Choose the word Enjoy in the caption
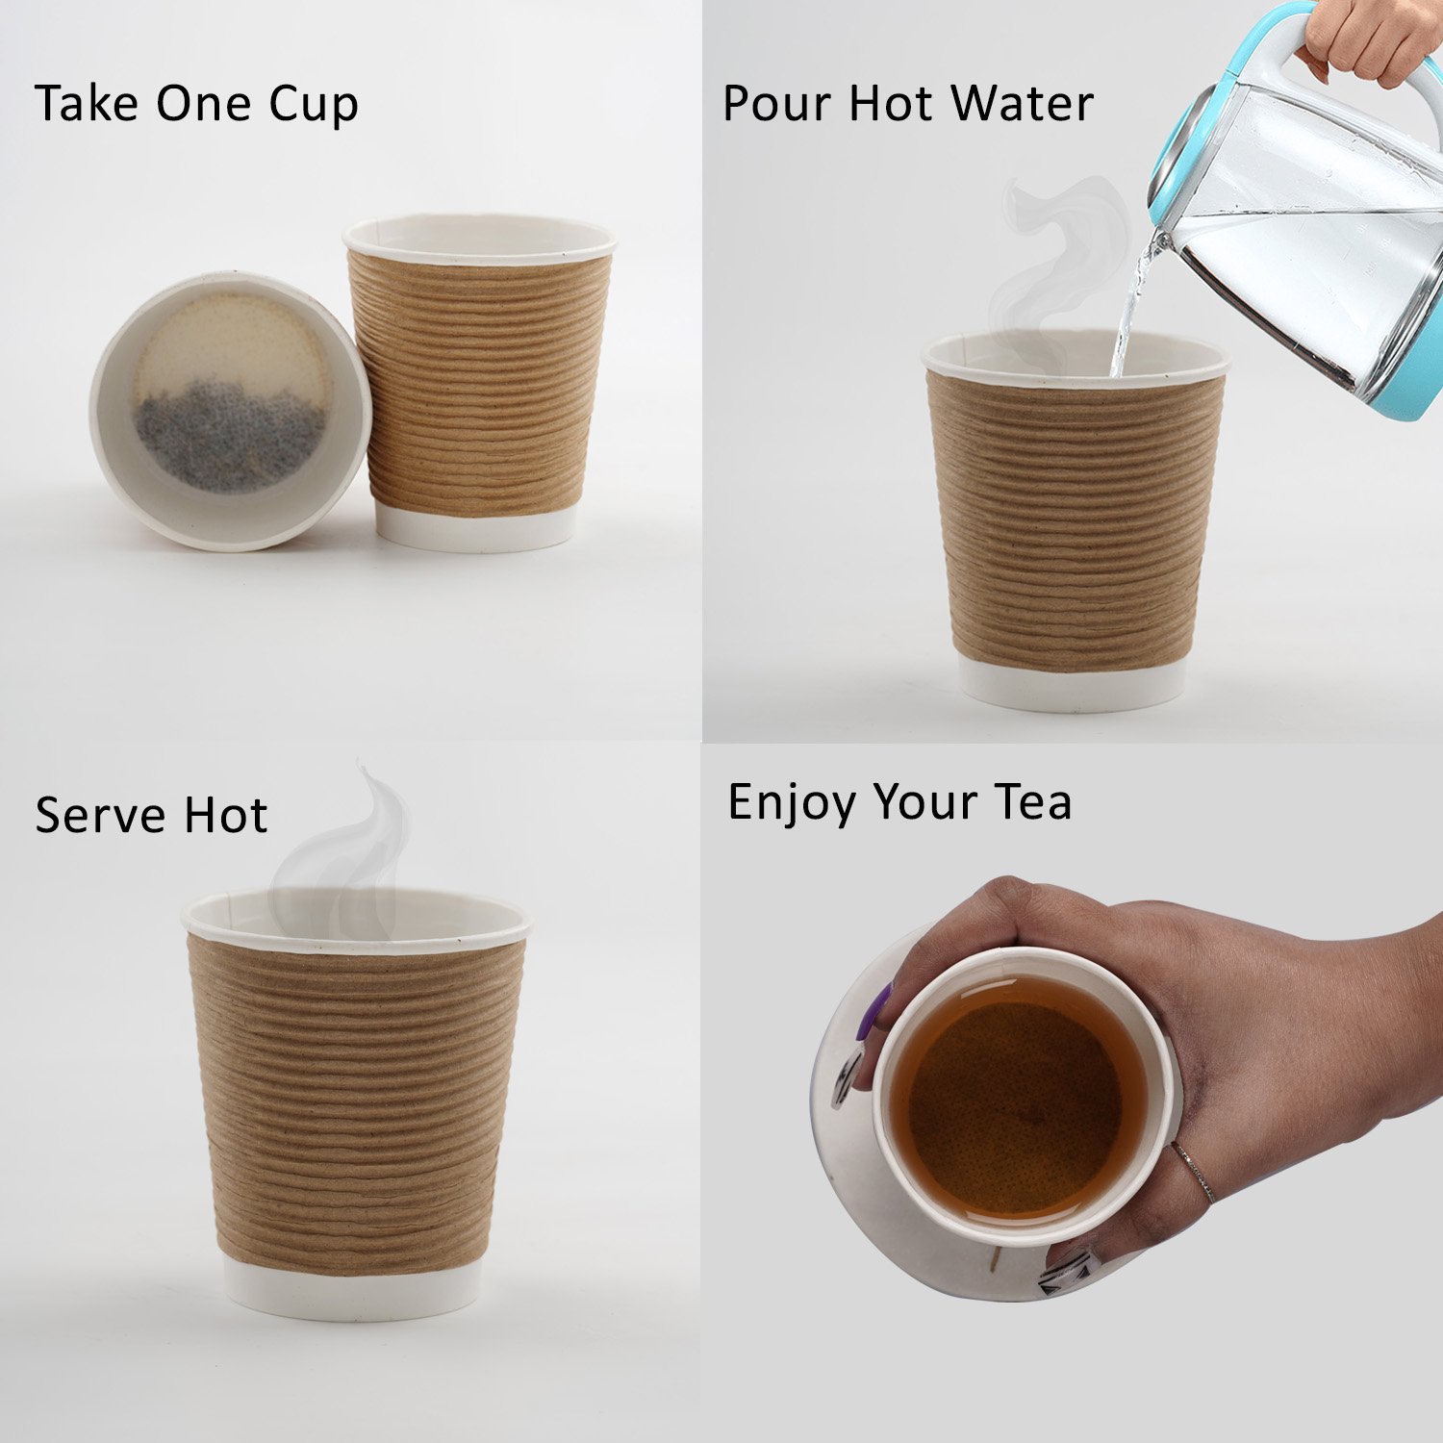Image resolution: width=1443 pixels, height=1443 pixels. [x=792, y=802]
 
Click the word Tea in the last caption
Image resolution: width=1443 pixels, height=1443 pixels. [x=1033, y=801]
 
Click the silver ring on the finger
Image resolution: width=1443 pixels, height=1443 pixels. [x=1195, y=1172]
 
